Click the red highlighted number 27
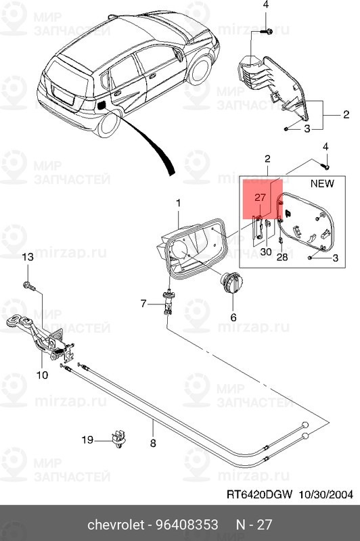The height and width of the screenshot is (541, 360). pos(261,197)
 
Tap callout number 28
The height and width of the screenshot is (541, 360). pos(282,257)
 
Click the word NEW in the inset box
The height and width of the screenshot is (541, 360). pos(322,183)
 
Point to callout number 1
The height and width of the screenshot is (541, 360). pos(179,203)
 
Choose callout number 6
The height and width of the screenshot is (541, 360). pos(233,316)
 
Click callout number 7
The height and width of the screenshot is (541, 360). pos(143,304)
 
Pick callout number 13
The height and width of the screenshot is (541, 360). pos(28,257)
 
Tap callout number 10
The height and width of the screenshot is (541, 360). pos(41,374)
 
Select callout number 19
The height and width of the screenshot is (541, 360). pos(87,440)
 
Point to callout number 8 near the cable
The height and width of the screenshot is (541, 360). pos(153,444)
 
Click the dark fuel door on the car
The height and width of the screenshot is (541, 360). pos(102,105)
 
